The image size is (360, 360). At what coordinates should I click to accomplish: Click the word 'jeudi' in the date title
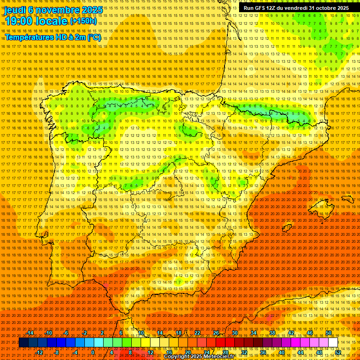pos(15,9)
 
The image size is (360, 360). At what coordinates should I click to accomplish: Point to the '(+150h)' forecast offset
pos(83,21)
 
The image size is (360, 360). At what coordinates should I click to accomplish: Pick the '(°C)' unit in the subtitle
pos(94,37)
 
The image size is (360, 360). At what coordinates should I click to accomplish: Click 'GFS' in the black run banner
pos(259,8)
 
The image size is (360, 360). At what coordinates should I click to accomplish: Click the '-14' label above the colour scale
pos(30,333)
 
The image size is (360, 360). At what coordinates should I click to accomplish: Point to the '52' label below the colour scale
pos(337,352)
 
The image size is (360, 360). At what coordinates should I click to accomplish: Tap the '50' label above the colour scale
pos(328,333)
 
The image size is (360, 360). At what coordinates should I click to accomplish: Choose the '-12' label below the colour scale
pos(39,352)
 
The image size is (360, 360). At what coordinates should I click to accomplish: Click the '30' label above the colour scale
pos(235,333)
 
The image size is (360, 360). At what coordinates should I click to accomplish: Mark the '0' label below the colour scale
pos(93,352)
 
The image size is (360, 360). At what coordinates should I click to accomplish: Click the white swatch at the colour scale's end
pos(333,343)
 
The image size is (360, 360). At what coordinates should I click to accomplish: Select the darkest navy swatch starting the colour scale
pos(23,343)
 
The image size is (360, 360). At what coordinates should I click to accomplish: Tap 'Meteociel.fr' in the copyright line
pos(218,357)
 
